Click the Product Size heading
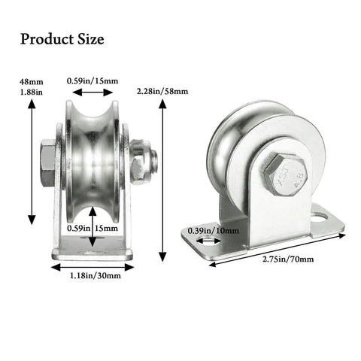62,38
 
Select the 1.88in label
32,90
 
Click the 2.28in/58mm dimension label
162,91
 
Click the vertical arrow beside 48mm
32,162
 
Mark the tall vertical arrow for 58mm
163,180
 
